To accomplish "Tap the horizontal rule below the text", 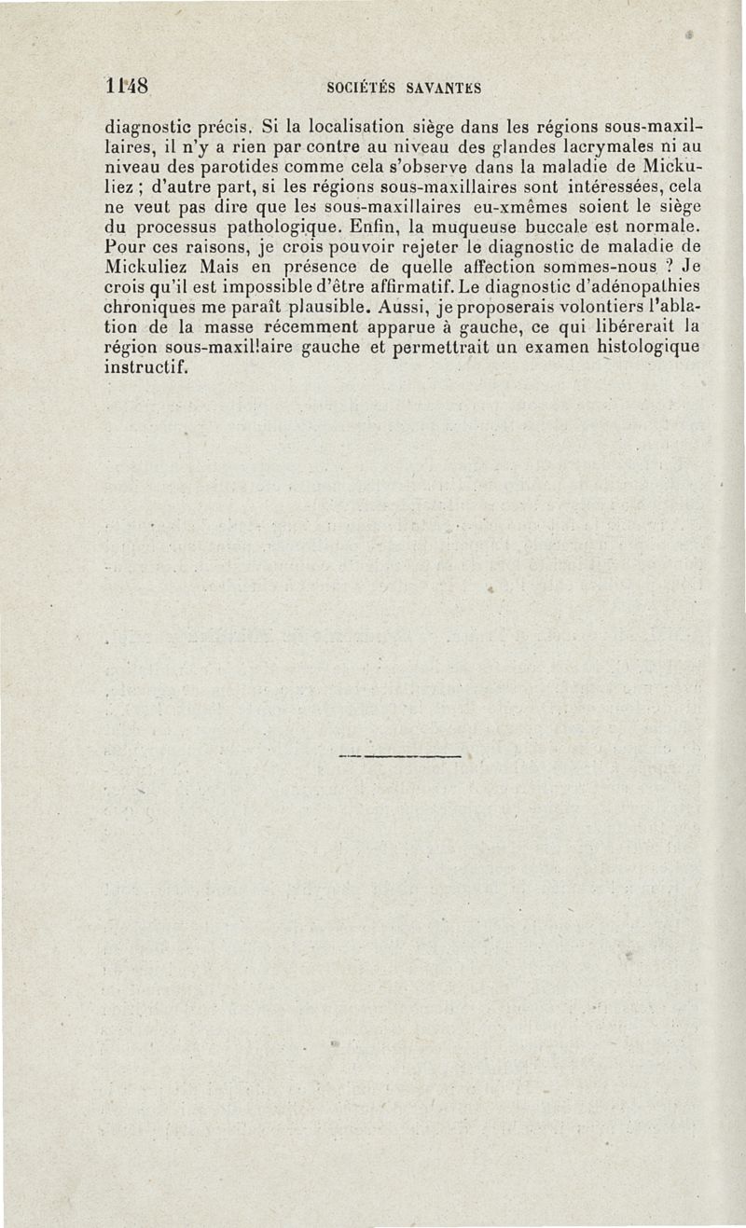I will [402, 756].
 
